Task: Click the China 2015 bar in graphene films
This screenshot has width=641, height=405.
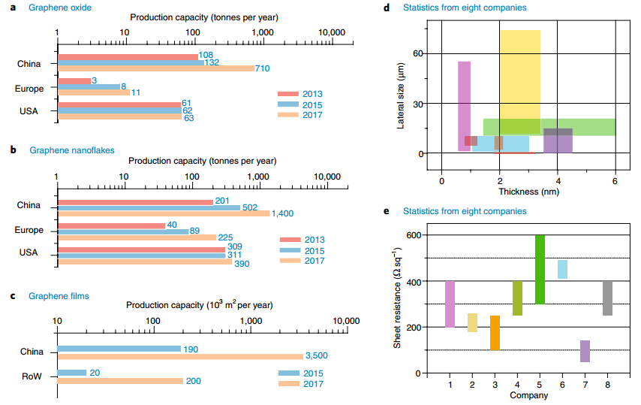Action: tap(119, 349)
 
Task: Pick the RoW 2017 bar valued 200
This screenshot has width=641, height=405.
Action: tap(120, 381)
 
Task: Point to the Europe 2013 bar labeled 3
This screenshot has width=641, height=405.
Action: tap(74, 80)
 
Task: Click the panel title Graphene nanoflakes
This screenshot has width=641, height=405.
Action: tap(72, 150)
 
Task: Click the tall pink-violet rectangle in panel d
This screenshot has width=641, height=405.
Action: tap(464, 105)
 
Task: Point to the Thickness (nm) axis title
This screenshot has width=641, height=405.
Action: tap(528, 191)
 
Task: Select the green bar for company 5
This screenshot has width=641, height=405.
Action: tap(540, 269)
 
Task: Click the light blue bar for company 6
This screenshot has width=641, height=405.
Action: tap(562, 269)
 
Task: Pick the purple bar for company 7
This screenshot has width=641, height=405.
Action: tap(585, 351)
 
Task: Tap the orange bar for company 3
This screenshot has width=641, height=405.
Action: tap(495, 333)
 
